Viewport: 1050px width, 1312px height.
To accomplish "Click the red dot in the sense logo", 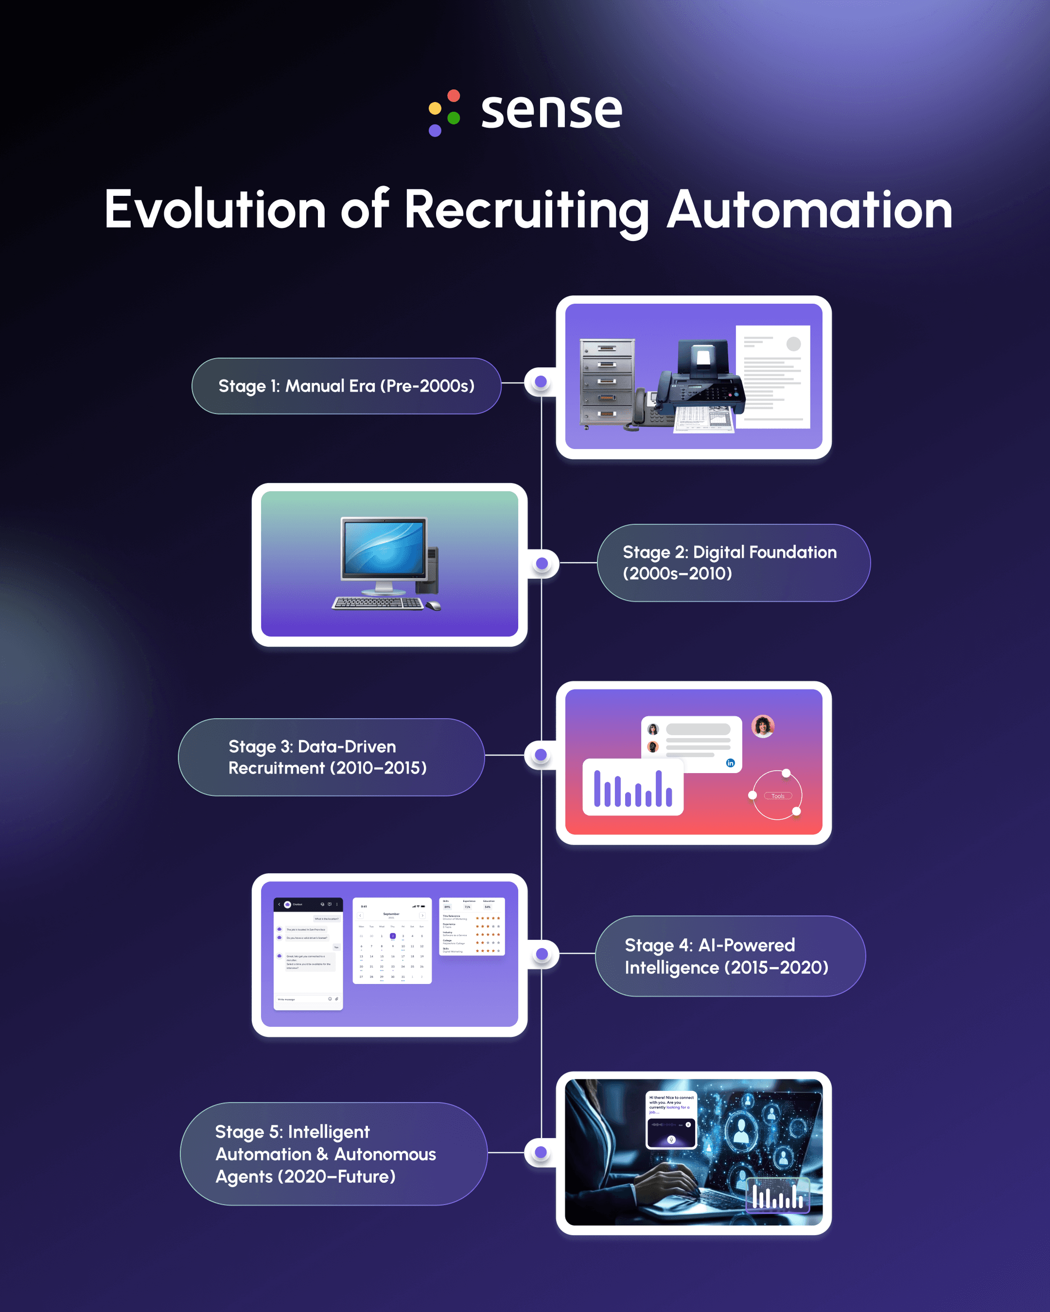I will click(x=454, y=96).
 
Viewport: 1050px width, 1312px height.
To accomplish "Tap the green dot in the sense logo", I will click(x=454, y=118).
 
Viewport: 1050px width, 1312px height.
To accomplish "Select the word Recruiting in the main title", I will click(x=527, y=210).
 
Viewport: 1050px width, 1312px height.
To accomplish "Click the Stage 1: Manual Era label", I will click(x=346, y=386).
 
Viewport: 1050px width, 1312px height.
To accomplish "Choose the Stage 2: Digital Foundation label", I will click(x=734, y=563).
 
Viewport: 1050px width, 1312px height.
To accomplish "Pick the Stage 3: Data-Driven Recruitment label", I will click(x=331, y=757).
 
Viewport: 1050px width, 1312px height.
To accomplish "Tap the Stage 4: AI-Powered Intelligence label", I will click(x=730, y=956).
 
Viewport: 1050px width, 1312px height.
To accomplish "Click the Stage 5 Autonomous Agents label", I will click(x=333, y=1154).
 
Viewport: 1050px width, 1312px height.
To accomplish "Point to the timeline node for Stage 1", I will click(x=541, y=382).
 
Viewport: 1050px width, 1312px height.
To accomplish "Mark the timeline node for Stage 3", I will click(x=541, y=755).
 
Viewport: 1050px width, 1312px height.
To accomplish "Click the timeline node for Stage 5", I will click(x=541, y=1152).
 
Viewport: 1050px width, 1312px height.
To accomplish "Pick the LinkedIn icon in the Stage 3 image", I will click(x=731, y=763).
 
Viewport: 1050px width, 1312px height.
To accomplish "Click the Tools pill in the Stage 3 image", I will click(x=778, y=796).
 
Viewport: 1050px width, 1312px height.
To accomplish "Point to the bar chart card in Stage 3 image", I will click(x=633, y=788).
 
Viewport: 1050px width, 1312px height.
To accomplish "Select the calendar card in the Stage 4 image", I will click(x=392, y=941).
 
